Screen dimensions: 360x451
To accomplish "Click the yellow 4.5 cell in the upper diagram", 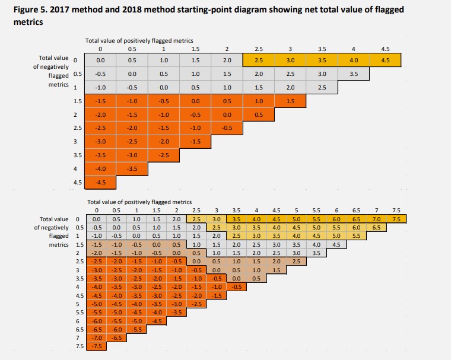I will pos(385,60).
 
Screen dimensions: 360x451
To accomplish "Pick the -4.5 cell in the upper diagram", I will pos(100,182).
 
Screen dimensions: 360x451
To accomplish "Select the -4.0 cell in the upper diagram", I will pos(100,168).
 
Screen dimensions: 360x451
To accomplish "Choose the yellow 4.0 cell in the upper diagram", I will pos(353,60).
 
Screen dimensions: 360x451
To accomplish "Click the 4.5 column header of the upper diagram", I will pos(385,49).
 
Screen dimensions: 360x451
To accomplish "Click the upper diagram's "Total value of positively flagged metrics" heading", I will pos(139,40).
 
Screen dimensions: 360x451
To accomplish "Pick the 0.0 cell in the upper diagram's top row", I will pos(100,60).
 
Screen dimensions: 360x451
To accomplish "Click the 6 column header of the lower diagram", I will pos(336,210).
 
